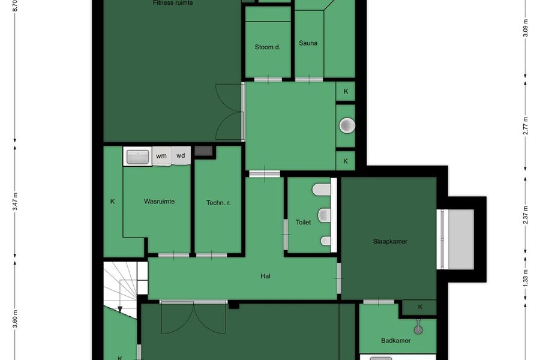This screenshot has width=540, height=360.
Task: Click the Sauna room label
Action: point(308,43)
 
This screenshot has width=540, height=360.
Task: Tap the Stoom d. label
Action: point(268,47)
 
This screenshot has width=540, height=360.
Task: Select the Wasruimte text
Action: point(159,202)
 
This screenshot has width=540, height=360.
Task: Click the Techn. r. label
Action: point(218,203)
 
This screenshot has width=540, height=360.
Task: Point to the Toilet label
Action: point(303,222)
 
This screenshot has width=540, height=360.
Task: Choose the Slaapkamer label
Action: point(390,241)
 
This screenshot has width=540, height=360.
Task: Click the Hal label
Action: point(265,276)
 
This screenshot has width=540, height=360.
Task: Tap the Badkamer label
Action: point(396,341)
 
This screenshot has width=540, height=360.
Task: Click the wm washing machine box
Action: point(161,156)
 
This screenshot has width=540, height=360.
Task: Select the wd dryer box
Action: point(181,156)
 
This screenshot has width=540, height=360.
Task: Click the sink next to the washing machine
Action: point(138,157)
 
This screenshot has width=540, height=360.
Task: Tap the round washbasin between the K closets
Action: point(347,125)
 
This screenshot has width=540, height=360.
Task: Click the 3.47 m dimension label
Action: point(15,202)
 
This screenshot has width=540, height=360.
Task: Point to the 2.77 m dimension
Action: point(525,126)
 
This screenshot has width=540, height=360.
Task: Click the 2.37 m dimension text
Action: point(525,215)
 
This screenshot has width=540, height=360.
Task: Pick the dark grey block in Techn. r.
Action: point(203,151)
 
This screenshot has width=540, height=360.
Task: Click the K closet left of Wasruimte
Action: point(113,202)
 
